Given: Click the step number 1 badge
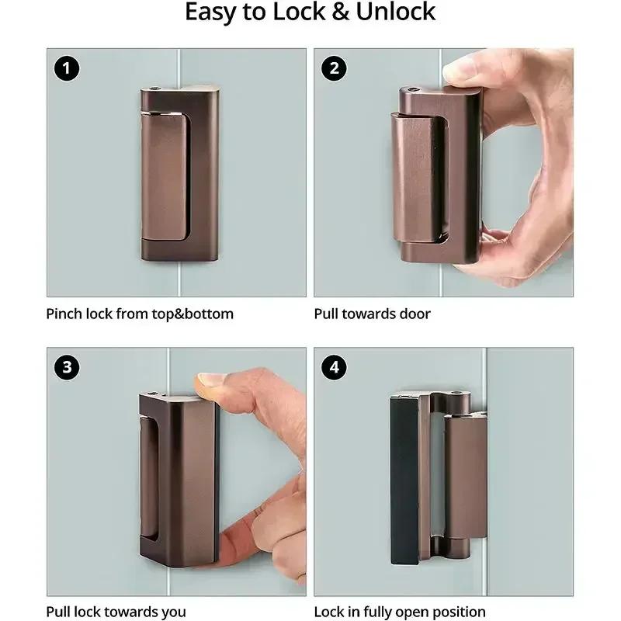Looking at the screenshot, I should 68,69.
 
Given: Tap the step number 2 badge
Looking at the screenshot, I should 335,69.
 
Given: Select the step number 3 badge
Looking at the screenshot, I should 68,367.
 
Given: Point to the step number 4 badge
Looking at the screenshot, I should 335,367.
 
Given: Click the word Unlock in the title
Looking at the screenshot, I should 395,12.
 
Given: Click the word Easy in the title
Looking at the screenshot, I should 210,12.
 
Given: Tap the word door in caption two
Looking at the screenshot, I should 415,314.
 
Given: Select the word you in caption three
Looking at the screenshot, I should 172,612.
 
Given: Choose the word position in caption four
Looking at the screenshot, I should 458,612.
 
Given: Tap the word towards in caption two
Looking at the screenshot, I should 368,314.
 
